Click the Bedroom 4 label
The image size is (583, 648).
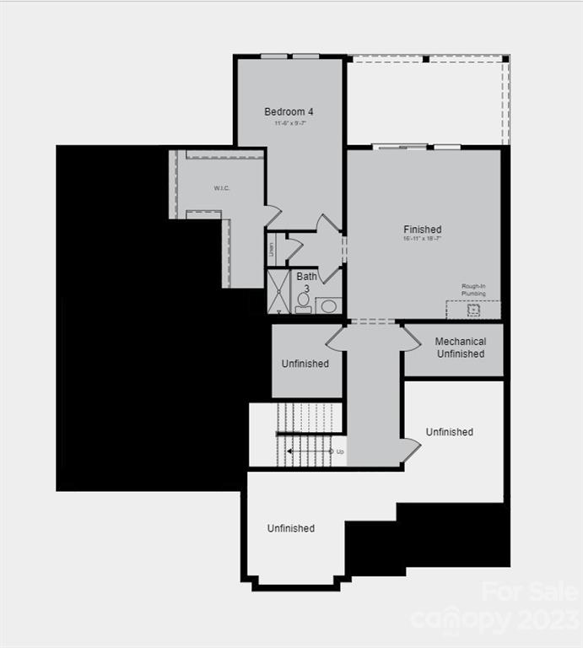tap(289, 111)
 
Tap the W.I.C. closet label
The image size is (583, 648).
tap(223, 187)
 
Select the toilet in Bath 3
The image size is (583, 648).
tap(304, 302)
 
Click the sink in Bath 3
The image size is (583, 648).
tap(329, 305)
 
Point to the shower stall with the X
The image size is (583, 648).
tap(278, 291)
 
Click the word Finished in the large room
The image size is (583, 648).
tap(422, 229)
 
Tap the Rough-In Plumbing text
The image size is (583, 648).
tap(473, 290)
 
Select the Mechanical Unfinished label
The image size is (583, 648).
tap(460, 348)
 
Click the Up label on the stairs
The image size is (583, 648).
tap(340, 451)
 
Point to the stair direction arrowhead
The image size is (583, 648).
tap(289, 451)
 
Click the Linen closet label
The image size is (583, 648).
tap(272, 249)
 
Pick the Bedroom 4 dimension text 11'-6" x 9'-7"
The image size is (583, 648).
tap(289, 123)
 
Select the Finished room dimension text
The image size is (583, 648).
tap(422, 239)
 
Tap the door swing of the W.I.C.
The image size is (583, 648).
tap(273, 216)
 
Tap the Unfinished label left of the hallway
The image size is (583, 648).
tap(305, 364)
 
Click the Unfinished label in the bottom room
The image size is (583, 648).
tap(291, 528)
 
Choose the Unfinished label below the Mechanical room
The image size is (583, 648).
tap(449, 432)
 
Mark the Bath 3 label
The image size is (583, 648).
tap(306, 282)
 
